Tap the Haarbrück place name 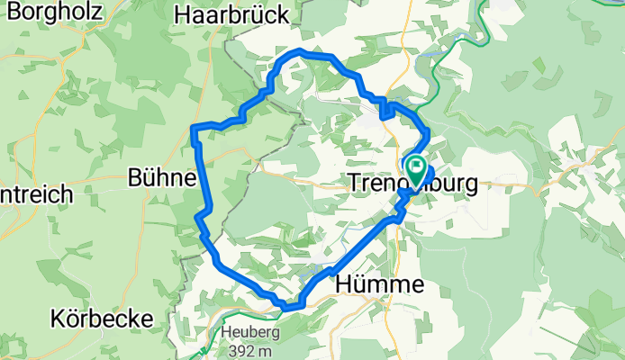pyautogui.click(x=232, y=14)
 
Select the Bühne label pyautogui.click(x=162, y=177)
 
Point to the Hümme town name pyautogui.click(x=379, y=284)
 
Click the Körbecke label pyautogui.click(x=102, y=319)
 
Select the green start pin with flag pyautogui.click(x=417, y=166)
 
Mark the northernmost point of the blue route pyautogui.click(x=300, y=52)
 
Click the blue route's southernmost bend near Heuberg pyautogui.click(x=288, y=308)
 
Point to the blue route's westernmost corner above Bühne pyautogui.click(x=194, y=133)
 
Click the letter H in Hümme pyautogui.click(x=344, y=284)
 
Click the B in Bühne pyautogui.click(x=137, y=177)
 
